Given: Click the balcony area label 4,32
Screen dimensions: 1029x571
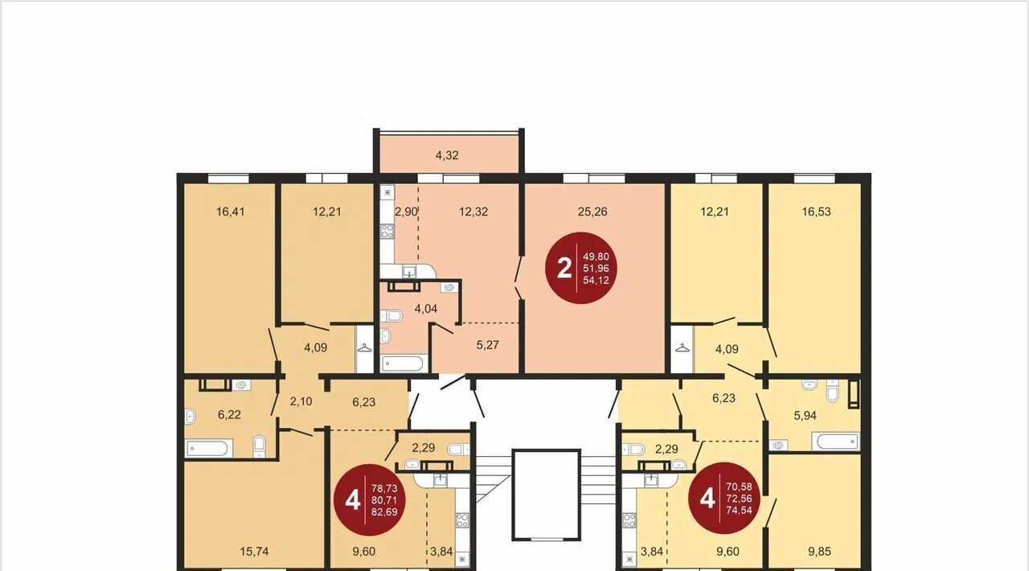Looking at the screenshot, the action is [x=447, y=155].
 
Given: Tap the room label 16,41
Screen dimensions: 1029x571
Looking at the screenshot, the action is [x=231, y=212].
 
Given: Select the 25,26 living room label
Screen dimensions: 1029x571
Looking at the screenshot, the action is [x=592, y=212].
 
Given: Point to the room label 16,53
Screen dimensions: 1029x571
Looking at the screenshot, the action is [x=816, y=212].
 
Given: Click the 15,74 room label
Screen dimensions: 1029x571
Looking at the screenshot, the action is [x=254, y=551].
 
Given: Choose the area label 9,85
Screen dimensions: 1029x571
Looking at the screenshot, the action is [x=819, y=551].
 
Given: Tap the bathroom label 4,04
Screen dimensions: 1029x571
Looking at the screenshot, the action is [x=426, y=309].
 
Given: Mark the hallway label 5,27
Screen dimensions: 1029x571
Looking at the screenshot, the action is [x=487, y=345].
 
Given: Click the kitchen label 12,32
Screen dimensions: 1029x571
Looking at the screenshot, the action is [x=474, y=212].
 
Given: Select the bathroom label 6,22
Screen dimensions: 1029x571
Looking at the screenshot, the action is [x=229, y=415].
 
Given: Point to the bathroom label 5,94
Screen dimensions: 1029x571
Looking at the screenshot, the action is [x=806, y=416].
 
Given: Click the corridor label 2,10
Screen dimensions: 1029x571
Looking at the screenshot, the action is [x=301, y=401].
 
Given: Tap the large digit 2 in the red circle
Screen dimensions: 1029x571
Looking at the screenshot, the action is [x=564, y=268].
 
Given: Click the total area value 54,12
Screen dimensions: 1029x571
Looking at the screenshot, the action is [x=596, y=280].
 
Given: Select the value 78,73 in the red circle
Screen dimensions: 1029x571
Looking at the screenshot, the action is [x=384, y=488].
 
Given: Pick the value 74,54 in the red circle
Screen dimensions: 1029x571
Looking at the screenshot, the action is [x=739, y=509].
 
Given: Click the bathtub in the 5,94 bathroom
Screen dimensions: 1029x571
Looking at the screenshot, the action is [x=835, y=442].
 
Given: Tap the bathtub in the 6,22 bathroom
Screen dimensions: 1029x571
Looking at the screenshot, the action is [x=208, y=448].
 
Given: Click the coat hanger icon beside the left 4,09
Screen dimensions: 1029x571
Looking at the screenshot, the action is [x=364, y=347].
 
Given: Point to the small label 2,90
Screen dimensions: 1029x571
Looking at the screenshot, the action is [x=406, y=212].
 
